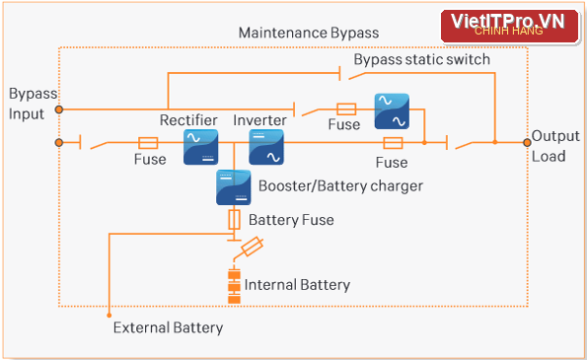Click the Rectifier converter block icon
tap(200, 147)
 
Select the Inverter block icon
tap(266, 147)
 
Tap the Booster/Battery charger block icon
tap(234, 187)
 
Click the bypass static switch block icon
tap(392, 111)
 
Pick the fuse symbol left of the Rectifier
tap(148, 143)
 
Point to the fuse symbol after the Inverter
tap(393, 143)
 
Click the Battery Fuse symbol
tap(234, 219)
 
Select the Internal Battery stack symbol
tap(235, 287)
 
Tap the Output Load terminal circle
tap(527, 143)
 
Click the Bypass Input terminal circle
tap(59, 109)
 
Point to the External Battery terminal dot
tap(109, 316)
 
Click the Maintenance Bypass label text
tap(309, 33)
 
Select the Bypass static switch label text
tap(422, 59)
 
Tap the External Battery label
tap(168, 327)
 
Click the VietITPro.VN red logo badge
tap(509, 26)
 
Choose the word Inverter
tap(259, 120)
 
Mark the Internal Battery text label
tap(297, 285)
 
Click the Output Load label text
tap(555, 146)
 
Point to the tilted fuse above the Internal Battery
tap(252, 247)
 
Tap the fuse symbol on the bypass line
tap(346, 109)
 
